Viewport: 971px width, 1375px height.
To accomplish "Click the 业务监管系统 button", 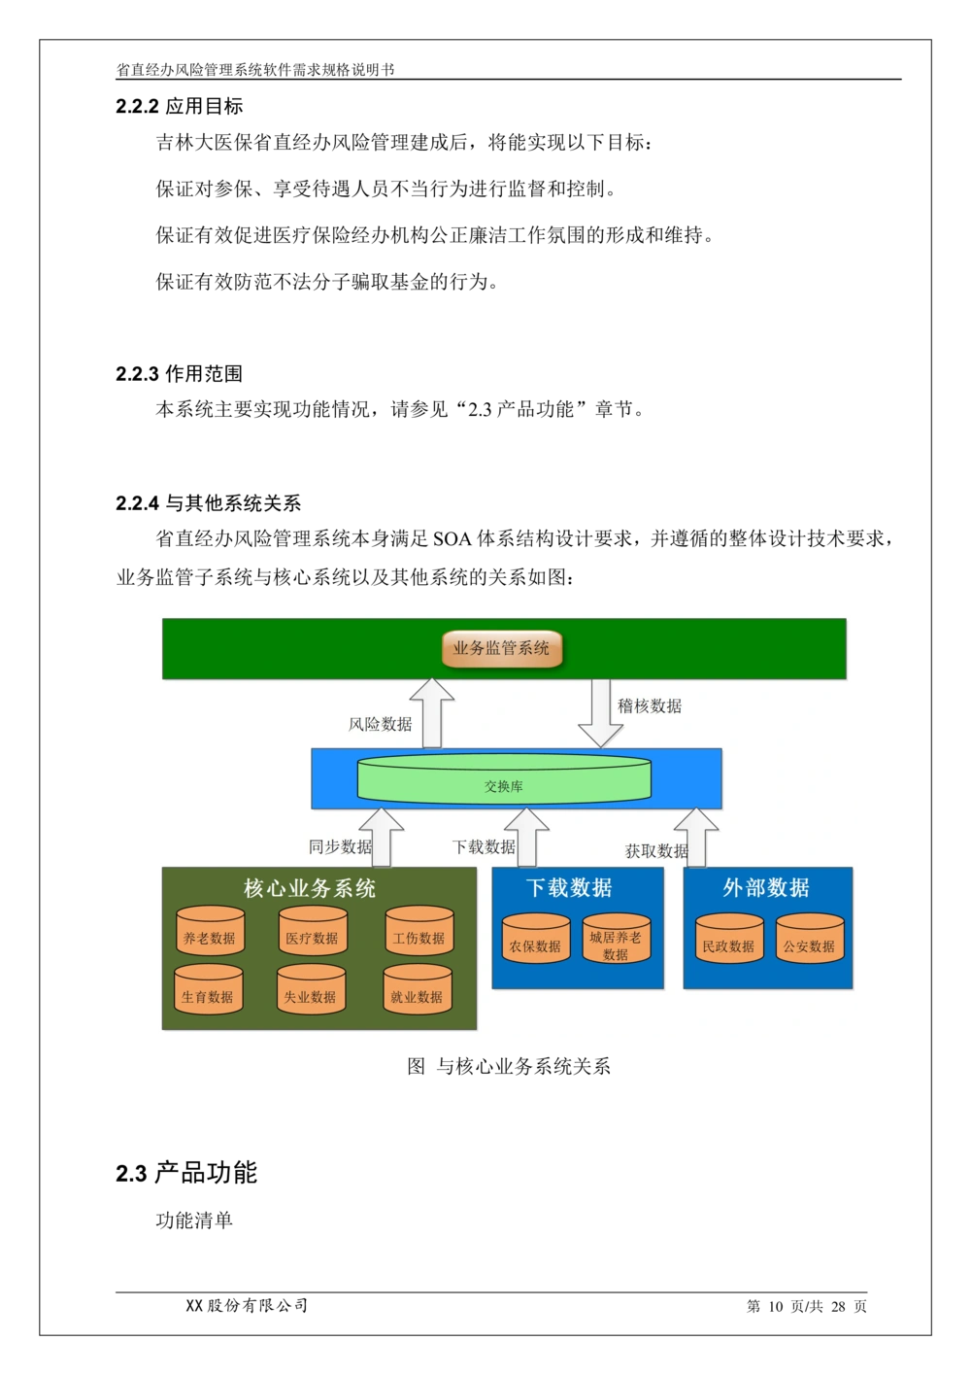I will pos(502,649).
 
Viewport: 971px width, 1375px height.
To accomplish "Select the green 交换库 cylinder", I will pos(504,779).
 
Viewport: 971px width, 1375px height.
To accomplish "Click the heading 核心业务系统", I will pos(310,888).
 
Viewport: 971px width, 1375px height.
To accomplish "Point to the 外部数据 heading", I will pos(766,887).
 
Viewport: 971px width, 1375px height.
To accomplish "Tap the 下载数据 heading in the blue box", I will pos(569,887).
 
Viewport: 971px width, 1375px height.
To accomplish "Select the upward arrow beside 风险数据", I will pos(431,713).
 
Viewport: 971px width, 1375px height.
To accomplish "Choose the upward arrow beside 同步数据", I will pos(382,838).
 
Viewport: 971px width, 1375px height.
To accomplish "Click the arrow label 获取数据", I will pos(656,851).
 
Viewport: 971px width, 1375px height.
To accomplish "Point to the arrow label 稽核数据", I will pos(650,706).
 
